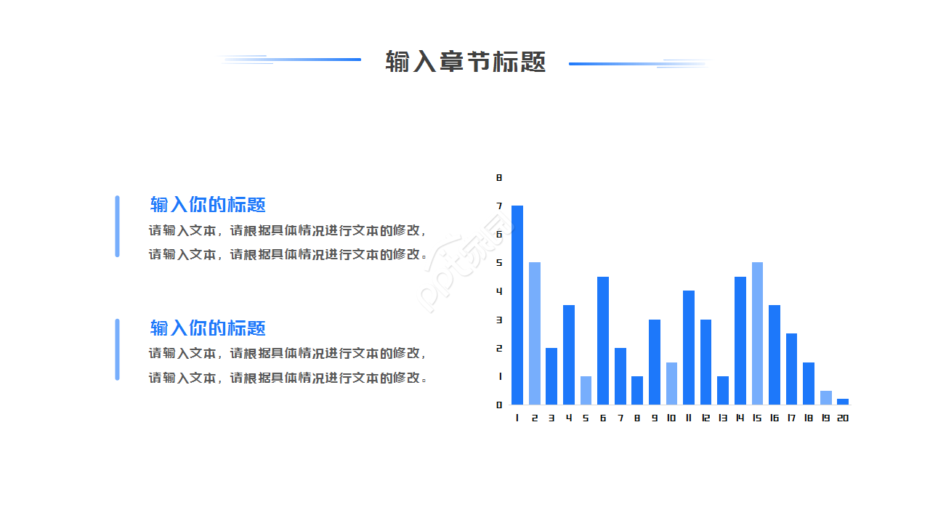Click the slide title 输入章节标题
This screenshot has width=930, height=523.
465,62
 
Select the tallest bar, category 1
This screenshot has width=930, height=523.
517,305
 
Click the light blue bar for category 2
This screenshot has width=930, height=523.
535,333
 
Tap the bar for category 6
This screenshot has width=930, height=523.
603,341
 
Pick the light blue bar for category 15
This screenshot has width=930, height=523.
757,333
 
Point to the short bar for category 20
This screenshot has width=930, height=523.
843,402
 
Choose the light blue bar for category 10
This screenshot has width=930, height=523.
671,384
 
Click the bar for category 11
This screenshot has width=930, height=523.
689,348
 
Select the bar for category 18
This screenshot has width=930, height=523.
809,384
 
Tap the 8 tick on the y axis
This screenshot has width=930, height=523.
499,177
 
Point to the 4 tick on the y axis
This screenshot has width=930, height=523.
499,291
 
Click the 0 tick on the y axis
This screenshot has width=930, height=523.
499,405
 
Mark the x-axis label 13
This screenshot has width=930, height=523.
723,418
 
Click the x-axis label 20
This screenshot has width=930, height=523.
843,418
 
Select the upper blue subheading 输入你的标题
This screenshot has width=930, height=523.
208,205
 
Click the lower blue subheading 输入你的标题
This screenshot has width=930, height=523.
208,328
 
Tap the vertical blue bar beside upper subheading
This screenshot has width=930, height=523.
117,226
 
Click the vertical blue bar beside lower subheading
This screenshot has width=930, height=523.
117,349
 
